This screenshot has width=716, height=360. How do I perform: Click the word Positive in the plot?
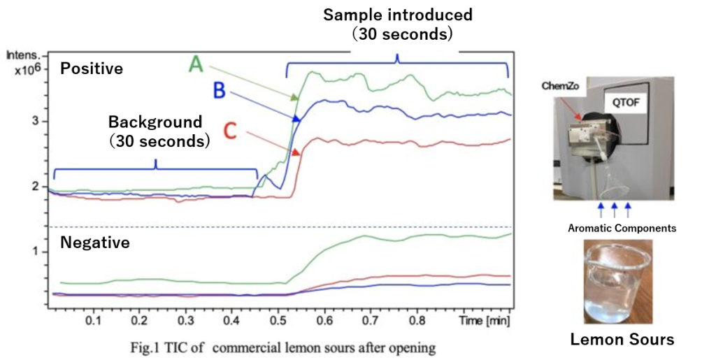(91, 69)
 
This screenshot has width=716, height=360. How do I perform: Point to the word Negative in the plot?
(95, 243)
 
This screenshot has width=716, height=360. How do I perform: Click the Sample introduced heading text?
(397, 15)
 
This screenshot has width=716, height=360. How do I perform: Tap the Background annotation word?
(155, 122)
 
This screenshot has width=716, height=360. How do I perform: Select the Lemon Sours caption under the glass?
(622, 340)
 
